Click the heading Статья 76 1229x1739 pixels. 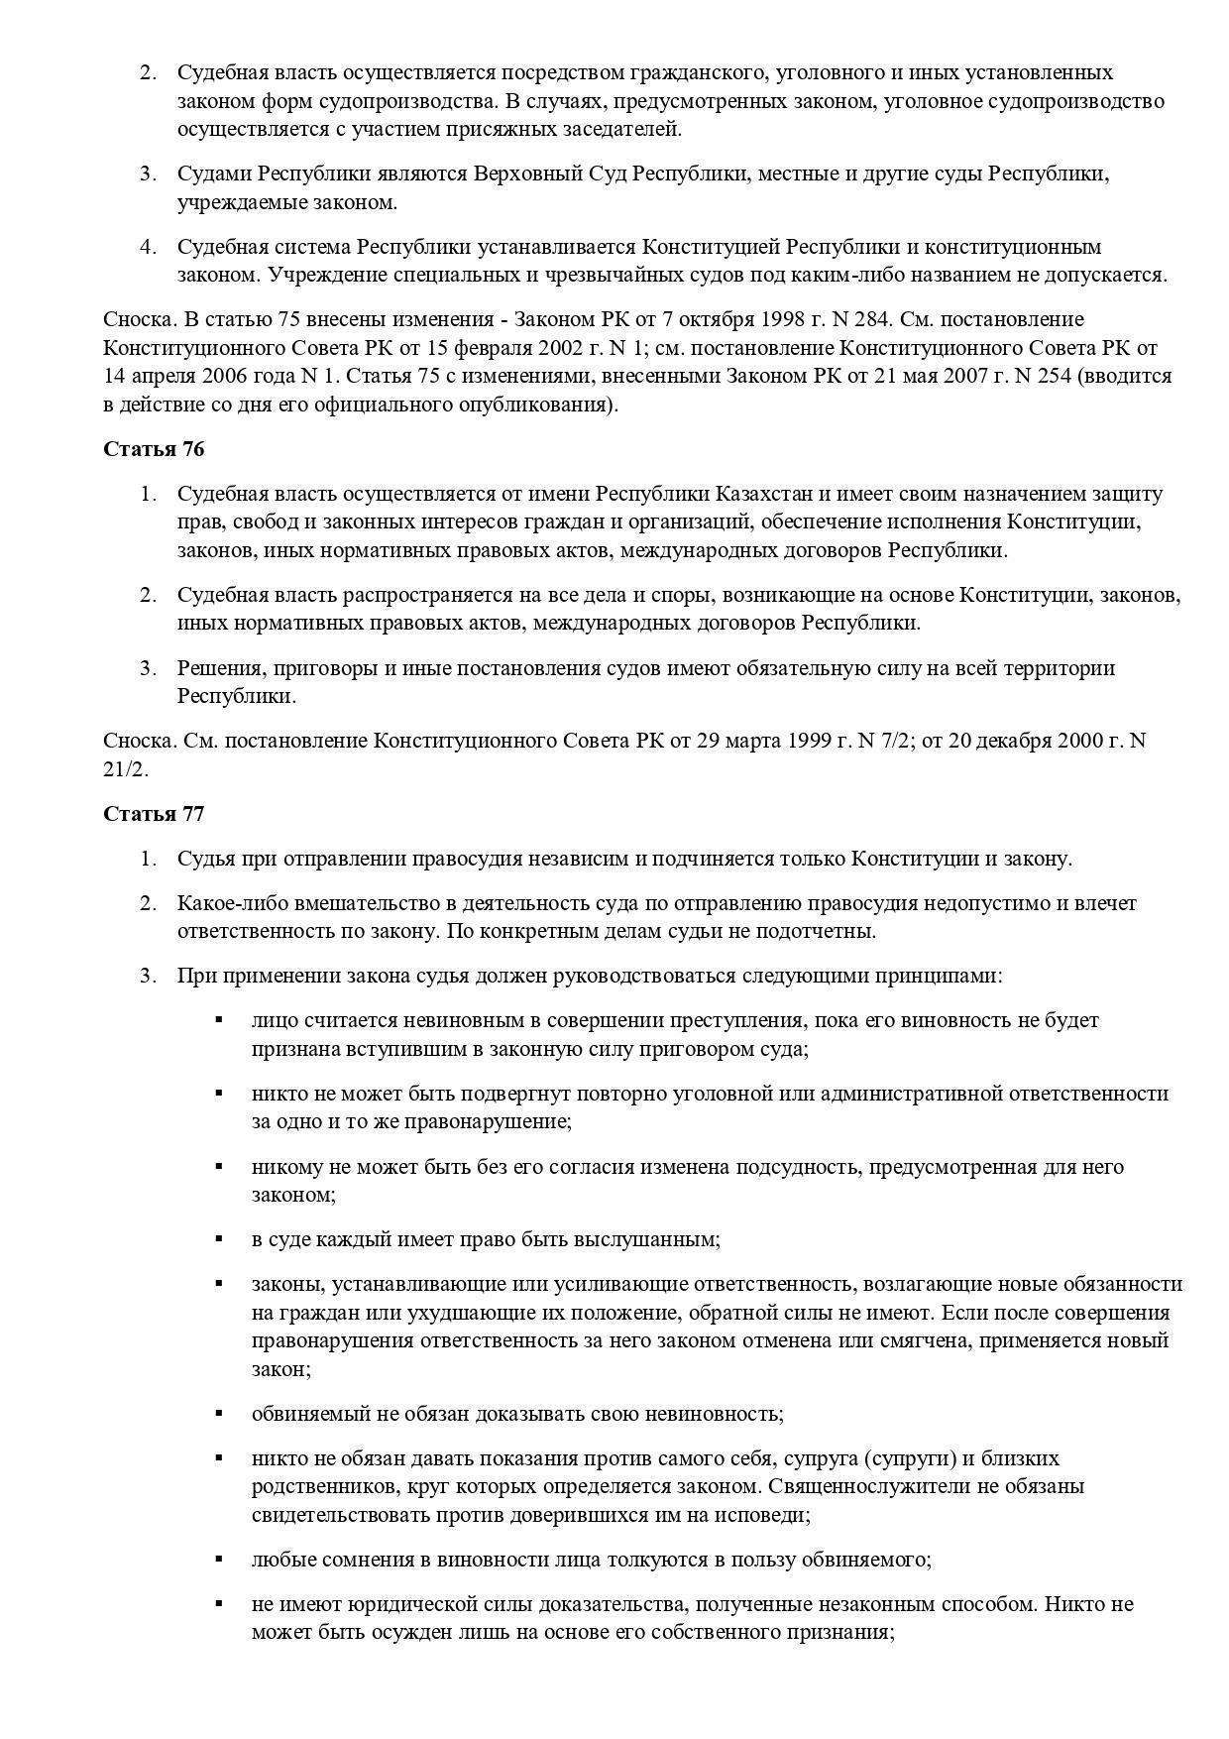[x=154, y=449]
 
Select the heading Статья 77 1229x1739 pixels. [x=154, y=814]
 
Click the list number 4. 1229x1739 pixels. [x=149, y=246]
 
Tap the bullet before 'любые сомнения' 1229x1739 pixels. [x=218, y=1558]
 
